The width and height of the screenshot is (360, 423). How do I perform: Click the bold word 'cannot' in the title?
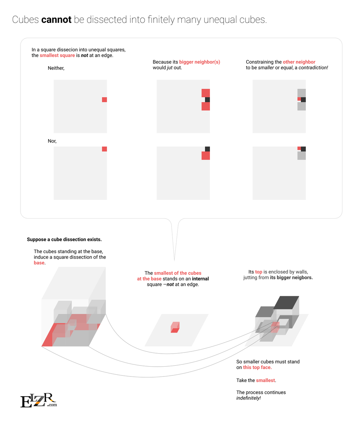(56, 20)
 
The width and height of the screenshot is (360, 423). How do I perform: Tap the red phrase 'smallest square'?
(57, 55)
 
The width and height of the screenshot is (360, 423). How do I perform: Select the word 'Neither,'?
(56, 68)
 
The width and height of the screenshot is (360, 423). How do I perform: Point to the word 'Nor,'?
(52, 141)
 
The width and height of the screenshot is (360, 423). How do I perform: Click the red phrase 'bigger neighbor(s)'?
(200, 62)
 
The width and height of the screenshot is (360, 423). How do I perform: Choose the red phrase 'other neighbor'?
(299, 62)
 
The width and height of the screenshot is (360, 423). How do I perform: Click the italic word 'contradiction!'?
(313, 68)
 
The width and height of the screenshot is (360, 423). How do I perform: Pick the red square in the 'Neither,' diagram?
(104, 100)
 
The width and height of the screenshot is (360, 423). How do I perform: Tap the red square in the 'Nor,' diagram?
(104, 149)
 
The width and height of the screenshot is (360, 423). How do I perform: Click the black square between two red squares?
(207, 100)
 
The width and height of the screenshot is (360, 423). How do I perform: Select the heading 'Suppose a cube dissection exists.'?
(64, 239)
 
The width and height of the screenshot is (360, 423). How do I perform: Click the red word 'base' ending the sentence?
(39, 263)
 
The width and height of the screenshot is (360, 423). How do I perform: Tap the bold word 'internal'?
(200, 279)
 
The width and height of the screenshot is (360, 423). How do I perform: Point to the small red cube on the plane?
(175, 327)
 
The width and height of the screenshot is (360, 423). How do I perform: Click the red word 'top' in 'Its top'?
(259, 272)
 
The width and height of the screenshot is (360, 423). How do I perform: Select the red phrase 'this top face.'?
(257, 367)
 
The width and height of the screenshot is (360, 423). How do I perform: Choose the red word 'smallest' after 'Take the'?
(266, 380)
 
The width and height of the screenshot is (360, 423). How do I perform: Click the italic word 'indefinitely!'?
(249, 398)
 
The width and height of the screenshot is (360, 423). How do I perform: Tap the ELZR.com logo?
(38, 400)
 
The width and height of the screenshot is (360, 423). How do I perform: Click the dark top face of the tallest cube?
(286, 302)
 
